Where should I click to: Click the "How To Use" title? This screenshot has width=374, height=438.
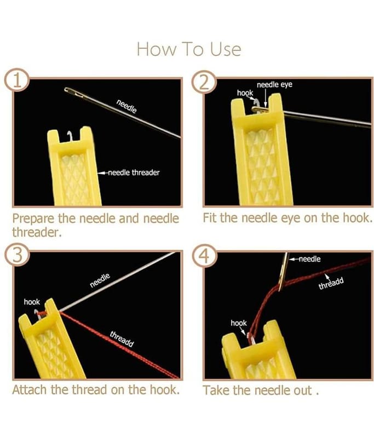tap(189, 49)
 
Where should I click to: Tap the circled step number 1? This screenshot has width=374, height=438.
tap(18, 80)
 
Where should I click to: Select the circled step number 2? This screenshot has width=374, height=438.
tap(204, 83)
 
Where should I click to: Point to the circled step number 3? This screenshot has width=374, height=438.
tap(17, 255)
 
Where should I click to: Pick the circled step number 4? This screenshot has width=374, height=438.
tap(205, 256)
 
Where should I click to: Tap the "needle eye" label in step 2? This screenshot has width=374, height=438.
tap(274, 84)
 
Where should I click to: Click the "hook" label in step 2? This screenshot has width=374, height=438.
tap(245, 93)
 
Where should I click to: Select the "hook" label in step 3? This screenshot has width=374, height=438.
tap(32, 302)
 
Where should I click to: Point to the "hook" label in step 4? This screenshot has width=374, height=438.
tap(239, 323)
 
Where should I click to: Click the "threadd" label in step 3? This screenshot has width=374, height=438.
tap(122, 339)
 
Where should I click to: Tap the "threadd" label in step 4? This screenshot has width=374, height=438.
tap(331, 284)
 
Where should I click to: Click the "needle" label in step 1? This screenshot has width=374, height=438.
tap(126, 106)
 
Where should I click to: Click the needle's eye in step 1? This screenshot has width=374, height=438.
tap(74, 93)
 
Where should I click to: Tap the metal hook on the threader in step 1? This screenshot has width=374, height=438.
tap(68, 135)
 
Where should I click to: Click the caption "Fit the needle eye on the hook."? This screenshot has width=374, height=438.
tap(287, 218)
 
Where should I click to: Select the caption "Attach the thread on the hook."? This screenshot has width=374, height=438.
tap(96, 390)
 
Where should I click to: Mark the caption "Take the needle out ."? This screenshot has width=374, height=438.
tap(261, 390)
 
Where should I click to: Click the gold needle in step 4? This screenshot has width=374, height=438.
tap(284, 271)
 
